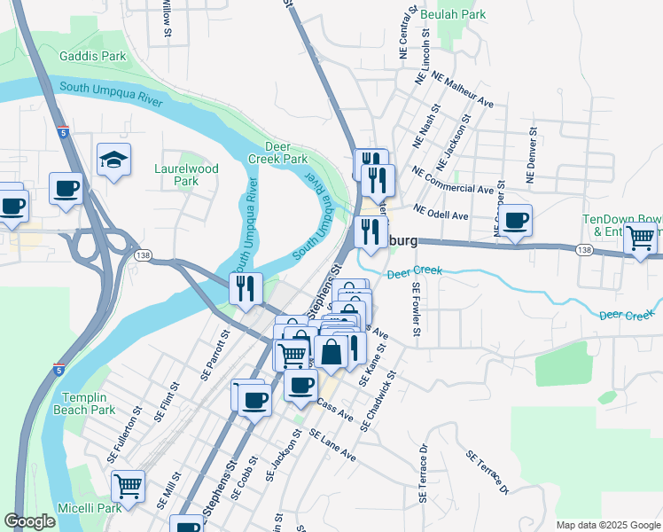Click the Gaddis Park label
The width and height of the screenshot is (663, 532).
pos(93,56)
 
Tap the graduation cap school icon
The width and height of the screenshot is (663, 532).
pos(114,160)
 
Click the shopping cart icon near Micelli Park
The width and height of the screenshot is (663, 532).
pos(129,486)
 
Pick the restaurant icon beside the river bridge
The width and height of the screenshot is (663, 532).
pos(246,288)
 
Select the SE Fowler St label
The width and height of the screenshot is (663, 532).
pos(415,309)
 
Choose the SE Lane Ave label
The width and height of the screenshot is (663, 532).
pos(332,445)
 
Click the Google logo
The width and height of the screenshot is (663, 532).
pos(30,521)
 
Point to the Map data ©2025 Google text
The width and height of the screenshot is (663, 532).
pos(607,525)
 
